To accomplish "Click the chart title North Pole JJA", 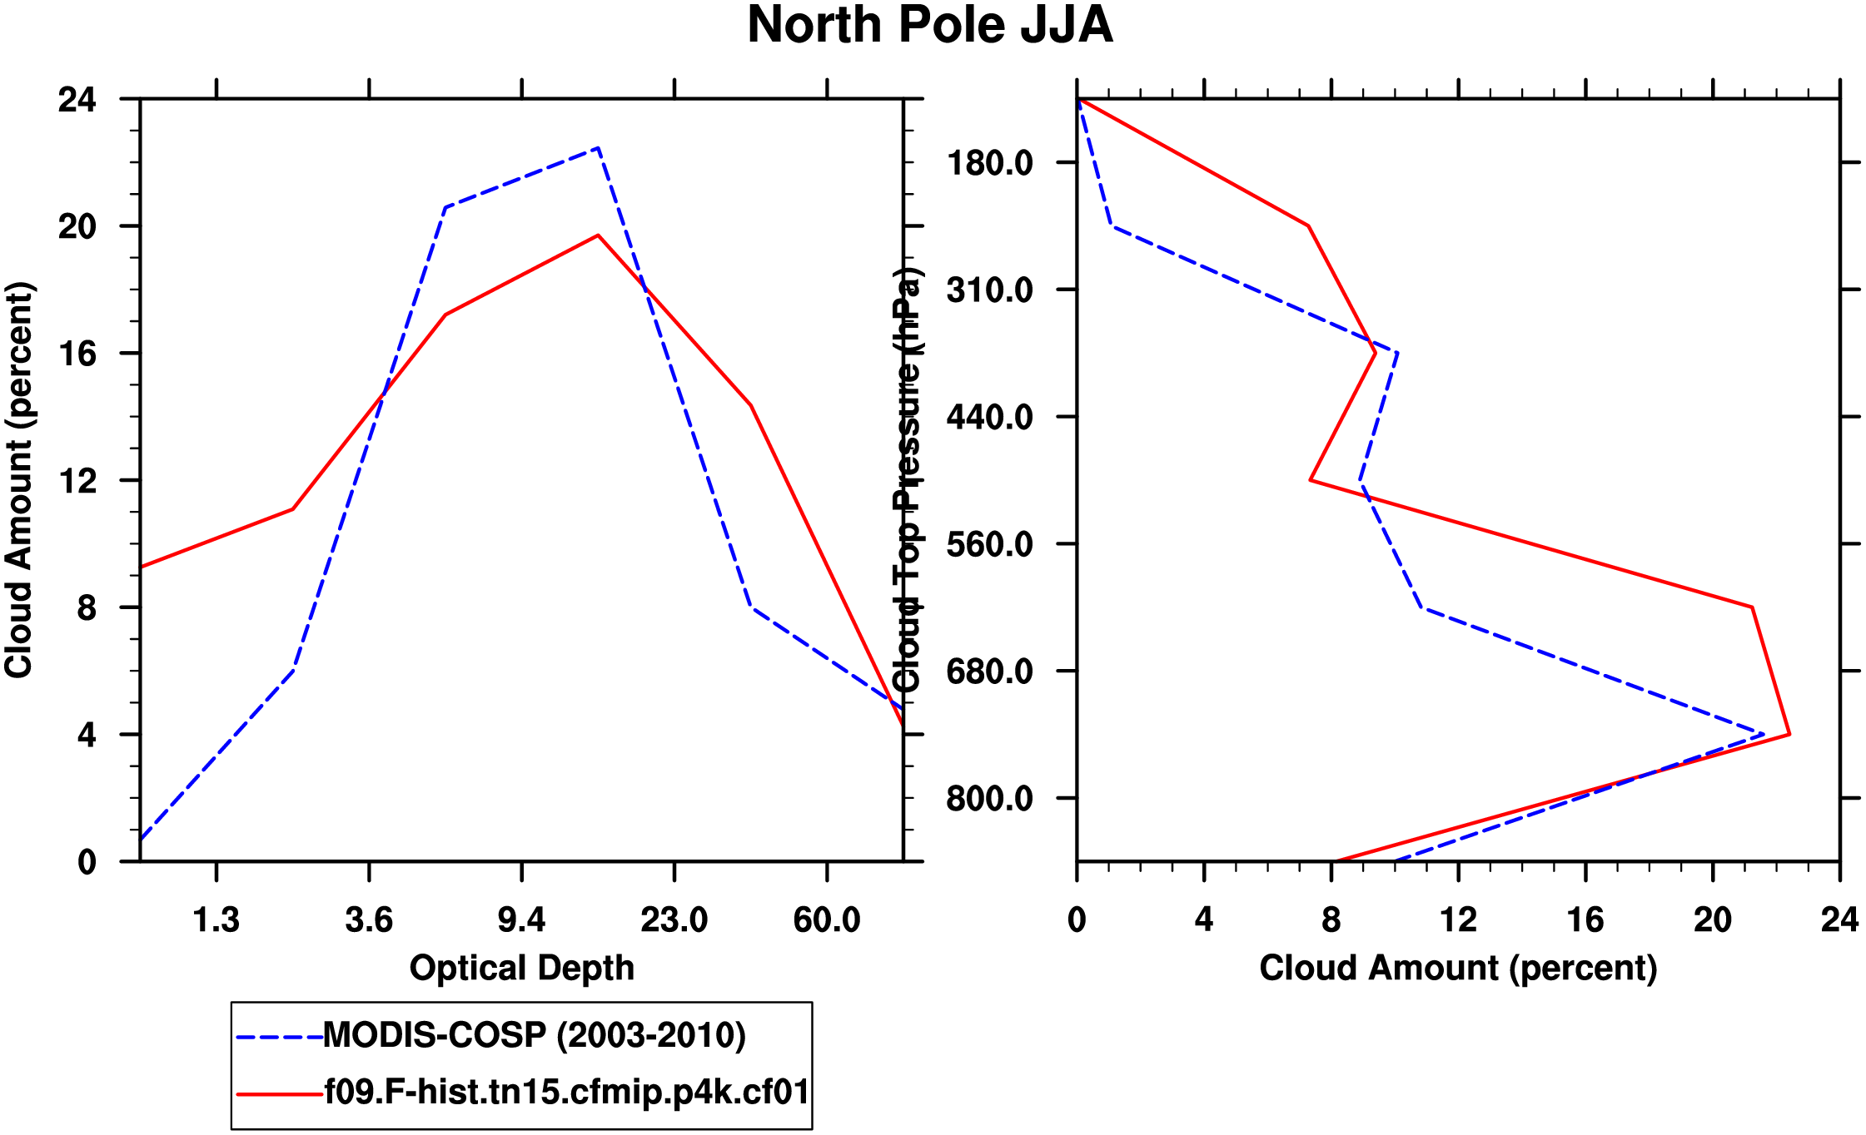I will (x=929, y=25).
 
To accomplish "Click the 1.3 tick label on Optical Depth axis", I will (x=216, y=920).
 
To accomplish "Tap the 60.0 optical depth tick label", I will (x=826, y=920).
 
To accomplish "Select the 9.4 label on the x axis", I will (x=521, y=920).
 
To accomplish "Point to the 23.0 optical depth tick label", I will (x=674, y=920).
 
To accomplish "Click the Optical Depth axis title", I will (x=521, y=968).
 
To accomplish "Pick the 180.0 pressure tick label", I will (x=990, y=162).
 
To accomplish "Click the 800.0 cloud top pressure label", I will (x=990, y=799).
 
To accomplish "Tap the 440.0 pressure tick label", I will (x=990, y=417).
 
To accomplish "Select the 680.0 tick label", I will (x=990, y=672).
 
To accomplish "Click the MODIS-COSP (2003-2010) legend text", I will (x=534, y=1035).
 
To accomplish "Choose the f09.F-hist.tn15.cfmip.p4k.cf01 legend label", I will (x=566, y=1092).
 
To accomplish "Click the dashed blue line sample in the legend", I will (x=279, y=1038).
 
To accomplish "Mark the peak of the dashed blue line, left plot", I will (x=598, y=148).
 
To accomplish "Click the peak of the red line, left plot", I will (x=598, y=235).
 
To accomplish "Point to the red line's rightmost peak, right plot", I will (x=1789, y=734).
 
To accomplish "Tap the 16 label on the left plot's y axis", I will (x=77, y=354).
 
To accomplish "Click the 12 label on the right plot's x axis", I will (x=1458, y=920).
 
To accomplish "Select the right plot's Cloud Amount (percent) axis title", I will (x=1458, y=968).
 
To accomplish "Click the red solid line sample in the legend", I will (x=279, y=1094).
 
